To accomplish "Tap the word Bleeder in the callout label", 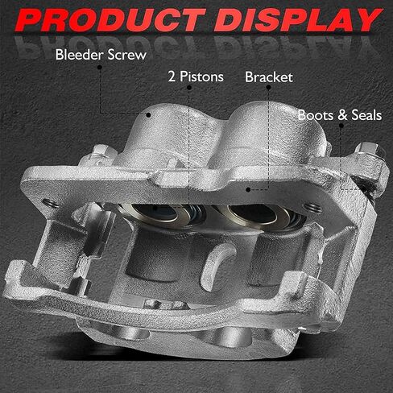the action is coord(80,55).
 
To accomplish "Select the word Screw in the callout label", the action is coord(127,55).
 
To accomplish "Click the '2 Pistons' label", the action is coord(196,77).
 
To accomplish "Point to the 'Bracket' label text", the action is coord(269,77).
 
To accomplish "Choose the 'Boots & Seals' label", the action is coord(340,115).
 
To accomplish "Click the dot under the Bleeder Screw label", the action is coord(100,67).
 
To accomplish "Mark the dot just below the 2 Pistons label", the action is coord(189,88).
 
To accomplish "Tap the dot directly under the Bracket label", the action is coord(268,87).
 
